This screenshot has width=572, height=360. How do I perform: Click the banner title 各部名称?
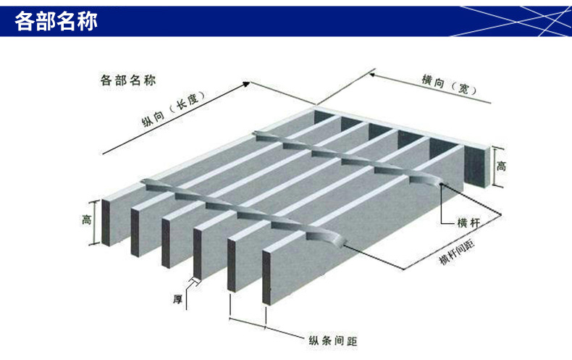(x=56, y=21)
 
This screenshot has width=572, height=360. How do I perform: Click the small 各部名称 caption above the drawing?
(x=127, y=80)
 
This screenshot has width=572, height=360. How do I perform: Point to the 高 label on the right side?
(x=501, y=166)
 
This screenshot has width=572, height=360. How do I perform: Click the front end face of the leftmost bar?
(x=106, y=222)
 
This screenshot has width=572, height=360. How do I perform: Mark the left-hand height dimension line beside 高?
(x=94, y=222)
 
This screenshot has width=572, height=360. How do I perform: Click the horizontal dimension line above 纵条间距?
(x=248, y=319)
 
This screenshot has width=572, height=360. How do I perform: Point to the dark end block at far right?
(x=476, y=164)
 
